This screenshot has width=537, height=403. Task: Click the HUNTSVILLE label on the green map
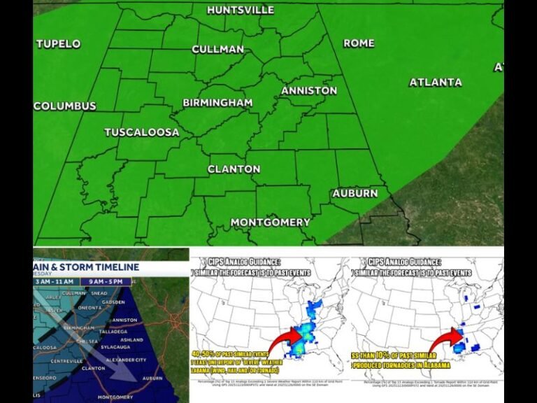tap(241, 10)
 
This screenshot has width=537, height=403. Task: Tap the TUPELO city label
tap(58, 43)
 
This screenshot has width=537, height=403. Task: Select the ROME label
tap(359, 43)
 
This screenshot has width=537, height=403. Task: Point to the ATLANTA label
tap(435, 82)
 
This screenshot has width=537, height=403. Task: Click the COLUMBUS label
tap(64, 106)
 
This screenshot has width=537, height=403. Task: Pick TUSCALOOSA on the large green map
tap(141, 132)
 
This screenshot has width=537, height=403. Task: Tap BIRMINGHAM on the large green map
tap(217, 103)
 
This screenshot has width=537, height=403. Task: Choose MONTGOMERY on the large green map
tap(270, 222)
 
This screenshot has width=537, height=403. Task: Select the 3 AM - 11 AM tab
tap(62, 281)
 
